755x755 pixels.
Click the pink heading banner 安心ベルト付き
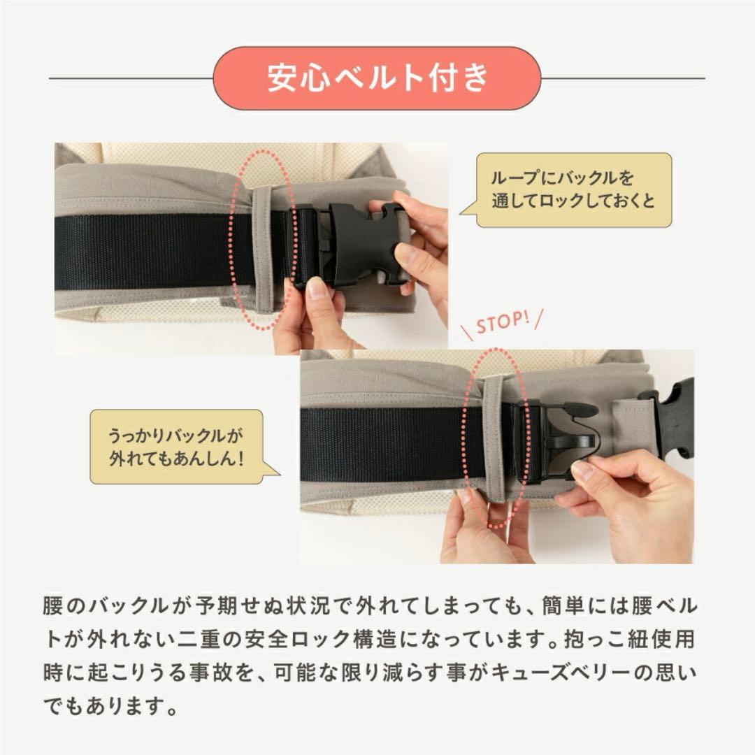[377, 78]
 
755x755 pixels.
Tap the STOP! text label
[501, 324]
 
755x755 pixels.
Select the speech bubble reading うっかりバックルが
[176, 447]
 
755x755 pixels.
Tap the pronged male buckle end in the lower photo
[563, 437]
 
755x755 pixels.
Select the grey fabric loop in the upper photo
[263, 248]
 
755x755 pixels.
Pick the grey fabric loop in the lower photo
[494, 437]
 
